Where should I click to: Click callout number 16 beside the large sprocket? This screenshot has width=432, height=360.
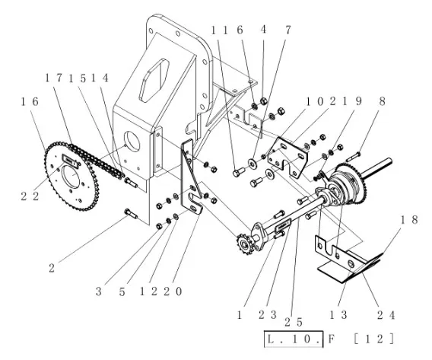30,102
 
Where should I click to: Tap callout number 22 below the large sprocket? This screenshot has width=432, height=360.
30,196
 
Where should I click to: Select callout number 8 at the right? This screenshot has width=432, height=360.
382,101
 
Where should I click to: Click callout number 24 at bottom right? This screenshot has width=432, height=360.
386,315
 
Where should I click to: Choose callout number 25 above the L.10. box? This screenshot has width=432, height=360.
294,322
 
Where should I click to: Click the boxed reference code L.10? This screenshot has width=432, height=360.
294,339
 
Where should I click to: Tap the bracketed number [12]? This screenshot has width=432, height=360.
374,339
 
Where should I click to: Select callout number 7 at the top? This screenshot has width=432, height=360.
288,30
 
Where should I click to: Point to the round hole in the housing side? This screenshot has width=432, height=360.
132,141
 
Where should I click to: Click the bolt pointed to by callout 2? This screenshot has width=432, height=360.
131,214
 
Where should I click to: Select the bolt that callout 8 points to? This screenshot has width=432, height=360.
353,157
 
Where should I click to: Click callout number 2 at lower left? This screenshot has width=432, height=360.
52,268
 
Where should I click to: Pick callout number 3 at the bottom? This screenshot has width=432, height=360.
99,292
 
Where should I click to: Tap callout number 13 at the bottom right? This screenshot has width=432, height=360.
338,315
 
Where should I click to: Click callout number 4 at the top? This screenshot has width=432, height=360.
263,30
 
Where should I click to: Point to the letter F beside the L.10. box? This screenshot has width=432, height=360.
331,339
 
